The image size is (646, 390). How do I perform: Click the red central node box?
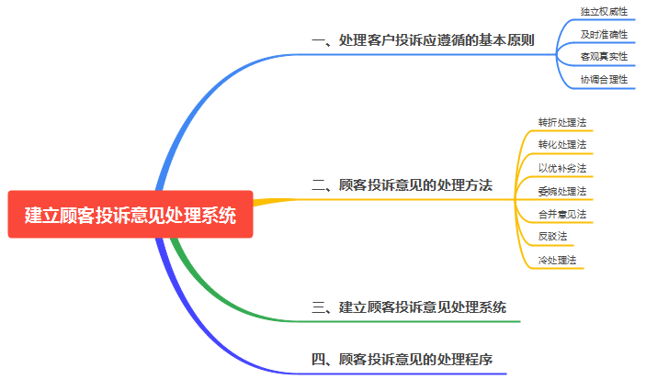[x=130, y=215]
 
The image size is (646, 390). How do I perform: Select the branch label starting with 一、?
[x=423, y=40]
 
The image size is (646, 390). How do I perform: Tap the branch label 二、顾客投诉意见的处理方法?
[x=402, y=184]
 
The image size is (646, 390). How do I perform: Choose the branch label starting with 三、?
[x=409, y=307]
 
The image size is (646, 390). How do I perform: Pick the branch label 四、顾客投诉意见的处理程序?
[x=402, y=359]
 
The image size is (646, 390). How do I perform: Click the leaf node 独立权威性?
[x=604, y=12]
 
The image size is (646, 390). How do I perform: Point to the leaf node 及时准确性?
[x=604, y=34]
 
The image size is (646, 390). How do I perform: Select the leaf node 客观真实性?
[x=604, y=57]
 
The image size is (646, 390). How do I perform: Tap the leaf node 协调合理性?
[x=604, y=80]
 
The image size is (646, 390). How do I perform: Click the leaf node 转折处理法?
[x=561, y=122]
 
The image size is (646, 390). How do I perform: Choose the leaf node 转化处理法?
[x=561, y=145]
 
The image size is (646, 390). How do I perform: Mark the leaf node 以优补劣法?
[x=561, y=168]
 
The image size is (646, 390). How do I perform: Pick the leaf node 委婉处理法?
[x=561, y=191]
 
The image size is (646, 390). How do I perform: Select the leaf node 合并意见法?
[x=561, y=214]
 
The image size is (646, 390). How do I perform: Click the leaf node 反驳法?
[x=552, y=237]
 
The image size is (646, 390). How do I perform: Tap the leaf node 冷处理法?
[x=557, y=260]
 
